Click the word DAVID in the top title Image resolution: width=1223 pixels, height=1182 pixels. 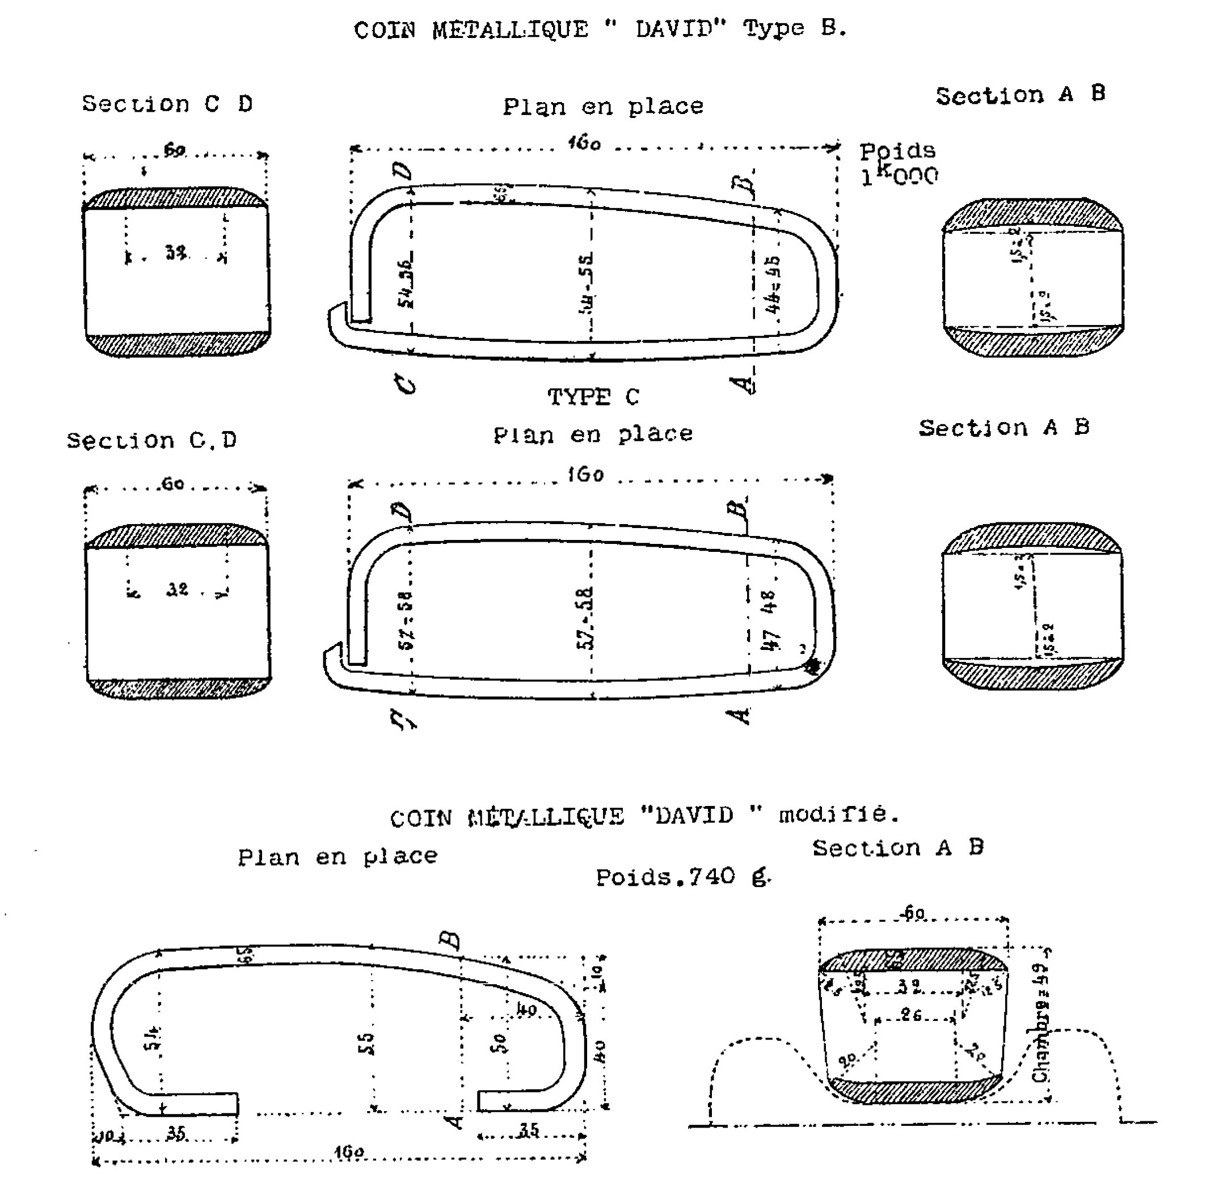681,29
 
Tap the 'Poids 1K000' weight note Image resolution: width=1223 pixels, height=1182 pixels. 899,164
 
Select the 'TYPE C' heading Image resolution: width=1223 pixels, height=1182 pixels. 593,396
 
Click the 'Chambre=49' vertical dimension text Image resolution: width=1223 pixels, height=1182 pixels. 1040,1023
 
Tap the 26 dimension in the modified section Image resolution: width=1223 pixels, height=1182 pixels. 912,1015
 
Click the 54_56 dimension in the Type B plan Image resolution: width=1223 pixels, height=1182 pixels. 405,282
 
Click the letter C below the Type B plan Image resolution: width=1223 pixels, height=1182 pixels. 406,383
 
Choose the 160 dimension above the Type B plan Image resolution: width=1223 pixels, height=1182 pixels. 585,143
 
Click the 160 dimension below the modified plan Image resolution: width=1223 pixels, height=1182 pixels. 349,1152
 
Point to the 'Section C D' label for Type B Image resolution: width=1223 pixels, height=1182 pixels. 167,104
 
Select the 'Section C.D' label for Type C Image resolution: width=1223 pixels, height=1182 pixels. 152,440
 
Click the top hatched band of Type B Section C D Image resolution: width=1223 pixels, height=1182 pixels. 175,198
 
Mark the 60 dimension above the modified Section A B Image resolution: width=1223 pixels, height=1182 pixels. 913,914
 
